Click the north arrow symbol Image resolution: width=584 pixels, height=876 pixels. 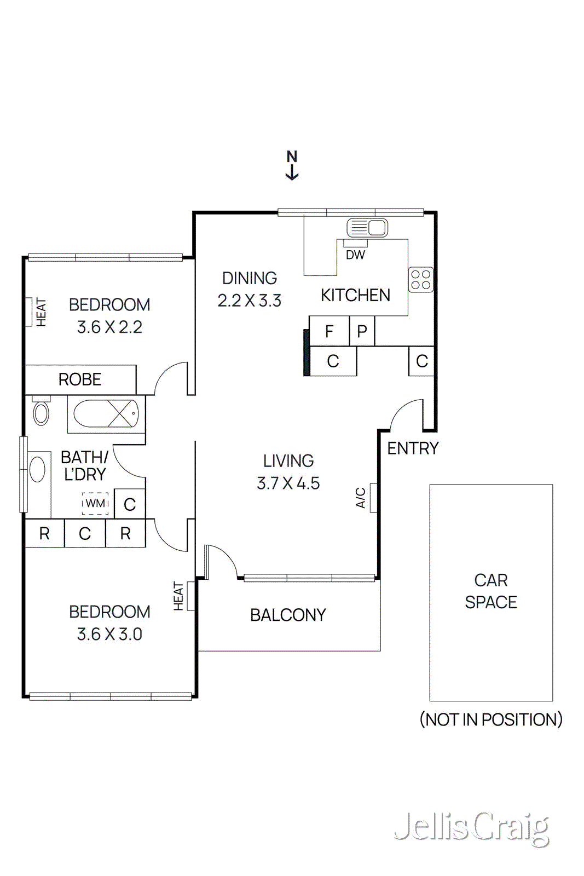[x=292, y=165]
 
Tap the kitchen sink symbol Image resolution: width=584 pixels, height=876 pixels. [x=367, y=227]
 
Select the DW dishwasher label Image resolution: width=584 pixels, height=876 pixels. [x=355, y=255]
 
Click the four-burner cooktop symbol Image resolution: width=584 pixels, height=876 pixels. [x=421, y=279]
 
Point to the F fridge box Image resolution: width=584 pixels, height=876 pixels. [x=329, y=331]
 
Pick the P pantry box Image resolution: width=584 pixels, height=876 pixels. [x=362, y=331]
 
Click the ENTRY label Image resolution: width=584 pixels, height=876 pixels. [x=413, y=448]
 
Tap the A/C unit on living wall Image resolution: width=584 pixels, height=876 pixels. [x=373, y=498]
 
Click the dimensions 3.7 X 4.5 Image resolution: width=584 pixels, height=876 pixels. [x=288, y=483]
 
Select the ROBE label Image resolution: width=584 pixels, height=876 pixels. [x=80, y=379]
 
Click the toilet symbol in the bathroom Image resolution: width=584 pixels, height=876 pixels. [x=41, y=412]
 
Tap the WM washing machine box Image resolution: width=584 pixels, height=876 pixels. [x=95, y=503]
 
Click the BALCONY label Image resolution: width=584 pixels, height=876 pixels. [x=288, y=615]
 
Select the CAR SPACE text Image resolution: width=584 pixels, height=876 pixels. [x=491, y=591]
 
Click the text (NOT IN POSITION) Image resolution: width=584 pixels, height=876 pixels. [x=491, y=719]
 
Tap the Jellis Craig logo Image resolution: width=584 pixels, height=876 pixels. [x=471, y=828]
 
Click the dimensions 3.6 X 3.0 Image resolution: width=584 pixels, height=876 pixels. [x=109, y=634]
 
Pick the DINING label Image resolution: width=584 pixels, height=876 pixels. [x=250, y=278]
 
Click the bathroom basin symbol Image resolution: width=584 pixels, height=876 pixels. [x=37, y=470]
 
